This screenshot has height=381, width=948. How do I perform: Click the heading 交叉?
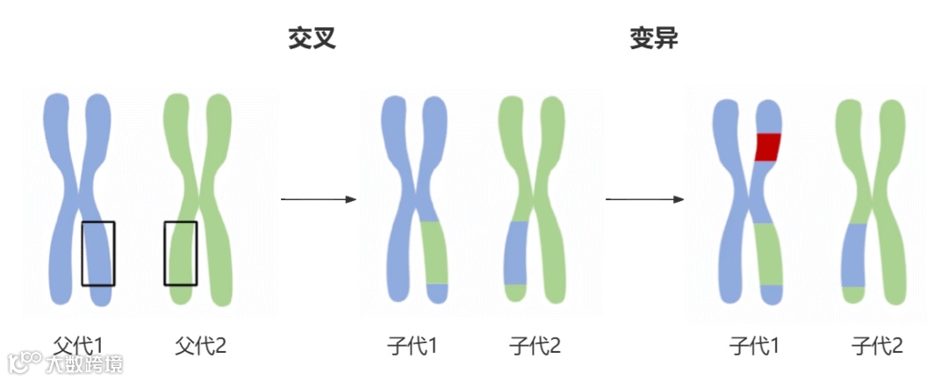(x=312, y=40)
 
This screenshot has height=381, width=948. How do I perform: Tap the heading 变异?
(x=654, y=40)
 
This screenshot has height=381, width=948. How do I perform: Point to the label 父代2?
(x=200, y=346)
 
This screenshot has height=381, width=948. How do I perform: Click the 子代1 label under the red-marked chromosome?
(x=754, y=346)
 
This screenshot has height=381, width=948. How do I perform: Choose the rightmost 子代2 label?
(x=877, y=346)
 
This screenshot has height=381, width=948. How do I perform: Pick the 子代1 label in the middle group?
(x=412, y=346)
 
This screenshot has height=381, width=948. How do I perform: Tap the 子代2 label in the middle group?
(x=535, y=346)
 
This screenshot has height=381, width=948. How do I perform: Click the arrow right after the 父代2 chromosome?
(x=318, y=199)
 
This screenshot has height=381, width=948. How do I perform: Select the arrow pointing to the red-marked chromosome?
(x=644, y=199)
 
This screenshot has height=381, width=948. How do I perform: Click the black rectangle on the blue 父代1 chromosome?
(x=98, y=254)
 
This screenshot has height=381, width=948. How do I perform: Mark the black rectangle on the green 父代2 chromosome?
(x=181, y=254)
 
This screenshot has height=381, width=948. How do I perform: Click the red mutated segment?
(x=768, y=147)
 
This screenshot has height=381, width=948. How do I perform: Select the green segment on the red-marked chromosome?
(x=768, y=255)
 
